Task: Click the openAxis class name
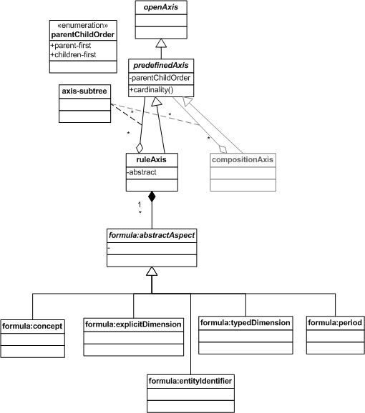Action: [x=161, y=7]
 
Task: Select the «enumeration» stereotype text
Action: [x=83, y=25]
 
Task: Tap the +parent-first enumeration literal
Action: [x=71, y=45]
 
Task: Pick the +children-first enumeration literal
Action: [x=73, y=55]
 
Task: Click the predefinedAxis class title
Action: [x=161, y=65]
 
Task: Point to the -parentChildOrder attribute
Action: [x=160, y=78]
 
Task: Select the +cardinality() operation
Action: [x=152, y=90]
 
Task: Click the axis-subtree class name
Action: [x=84, y=91]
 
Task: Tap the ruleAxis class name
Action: [x=152, y=159]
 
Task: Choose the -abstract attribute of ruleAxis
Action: [x=142, y=172]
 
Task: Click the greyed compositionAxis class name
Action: [x=243, y=159]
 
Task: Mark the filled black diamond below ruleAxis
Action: [x=152, y=196]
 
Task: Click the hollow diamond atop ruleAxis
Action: [x=140, y=148]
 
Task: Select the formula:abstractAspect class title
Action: [x=152, y=235]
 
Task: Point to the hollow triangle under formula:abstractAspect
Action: [x=152, y=272]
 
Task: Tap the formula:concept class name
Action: [x=32, y=326]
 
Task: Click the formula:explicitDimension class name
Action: [x=133, y=324]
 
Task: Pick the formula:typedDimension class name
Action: [x=245, y=323]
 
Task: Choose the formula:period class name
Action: [x=335, y=323]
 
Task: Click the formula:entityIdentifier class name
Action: [x=190, y=381]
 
